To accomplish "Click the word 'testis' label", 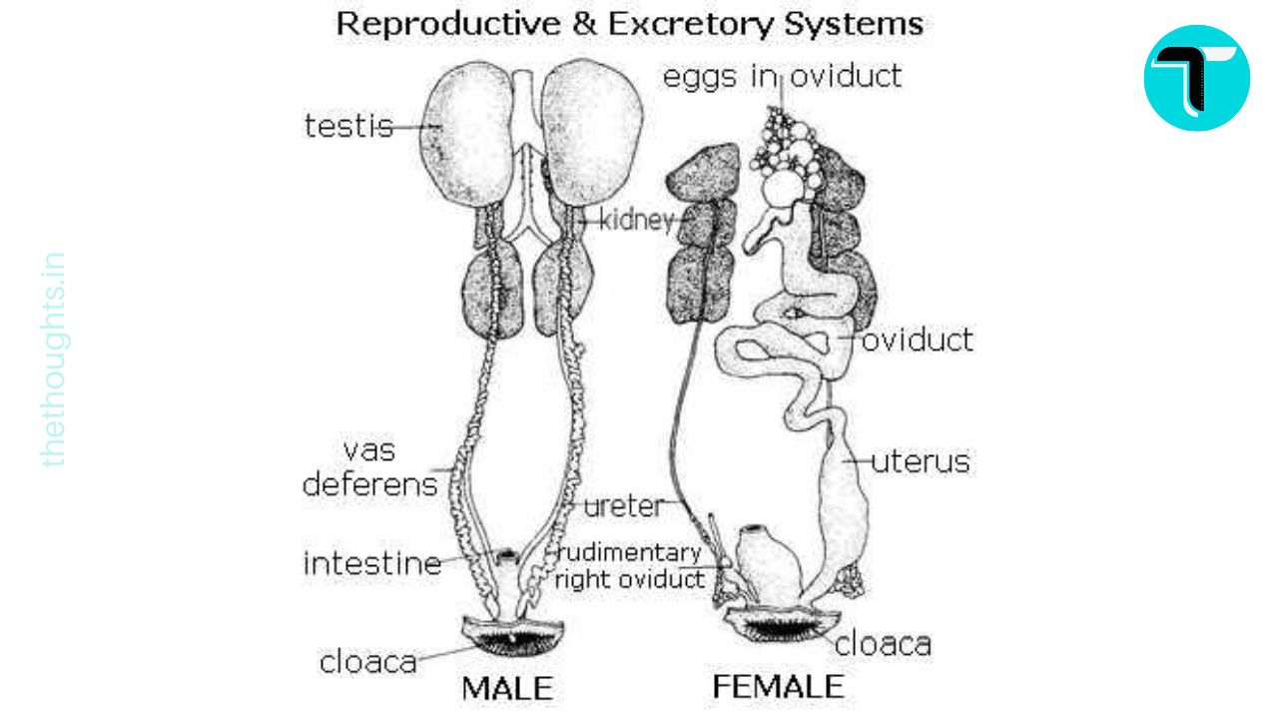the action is (347, 127).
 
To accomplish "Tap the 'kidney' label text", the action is (636, 220).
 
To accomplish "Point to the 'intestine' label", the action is (371, 563).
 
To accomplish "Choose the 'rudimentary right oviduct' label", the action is (629, 565).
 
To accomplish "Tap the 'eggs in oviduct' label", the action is (782, 76).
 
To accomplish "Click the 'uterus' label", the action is (920, 462).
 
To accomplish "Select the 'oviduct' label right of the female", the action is (916, 341).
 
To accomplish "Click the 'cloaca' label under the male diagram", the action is (367, 661).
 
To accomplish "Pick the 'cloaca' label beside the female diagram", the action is (883, 644).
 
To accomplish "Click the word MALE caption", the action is (506, 688).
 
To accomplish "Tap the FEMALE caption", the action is (777, 687).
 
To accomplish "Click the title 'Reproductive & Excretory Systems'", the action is (629, 24).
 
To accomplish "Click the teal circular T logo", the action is (1196, 78).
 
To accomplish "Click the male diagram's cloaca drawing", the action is (514, 634).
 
